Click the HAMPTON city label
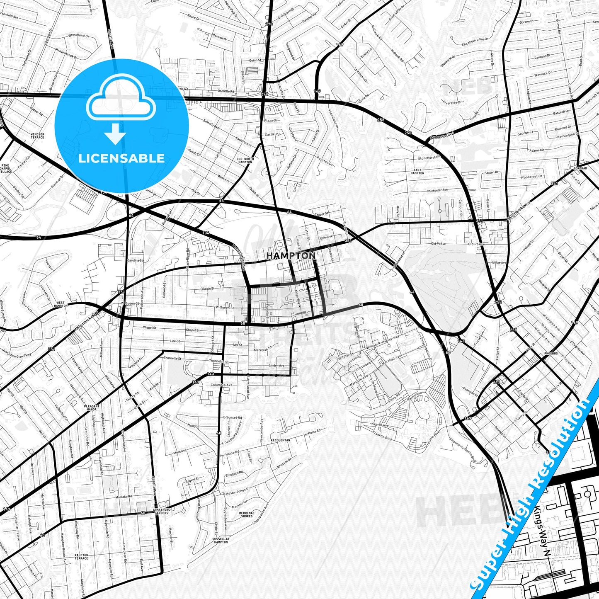(x=291, y=256)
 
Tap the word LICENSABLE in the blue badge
(x=121, y=158)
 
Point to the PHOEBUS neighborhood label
(x=551, y=354)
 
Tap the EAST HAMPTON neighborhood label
(x=417, y=171)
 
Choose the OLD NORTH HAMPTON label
(x=245, y=160)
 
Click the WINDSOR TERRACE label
(x=37, y=136)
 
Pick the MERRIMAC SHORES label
(x=246, y=514)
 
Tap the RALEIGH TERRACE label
(x=81, y=556)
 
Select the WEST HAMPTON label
(x=61, y=304)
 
